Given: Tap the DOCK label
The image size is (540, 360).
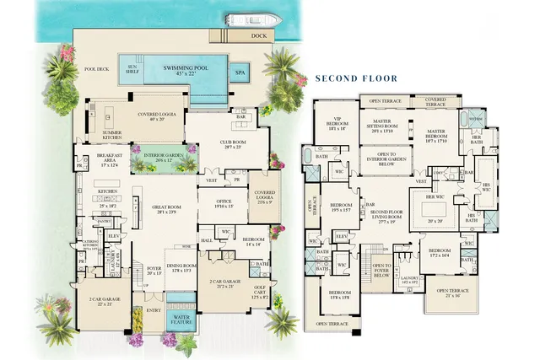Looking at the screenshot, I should coord(258,36).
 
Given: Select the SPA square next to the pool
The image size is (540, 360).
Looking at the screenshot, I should coord(240,73).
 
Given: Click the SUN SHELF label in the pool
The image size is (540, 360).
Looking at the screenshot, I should coord(132,69).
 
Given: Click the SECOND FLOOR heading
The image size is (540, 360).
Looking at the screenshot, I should coord(355,78).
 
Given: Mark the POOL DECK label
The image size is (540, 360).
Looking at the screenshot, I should coord(98,70).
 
